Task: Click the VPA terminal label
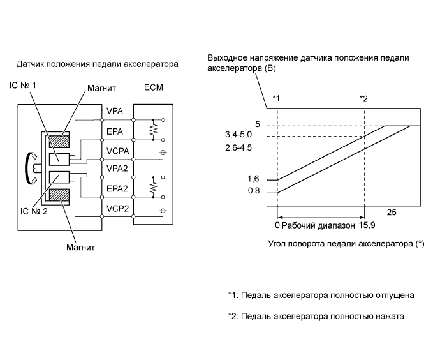click(115, 112)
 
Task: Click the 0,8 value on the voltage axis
click(255, 191)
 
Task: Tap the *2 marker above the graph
click(363, 98)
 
